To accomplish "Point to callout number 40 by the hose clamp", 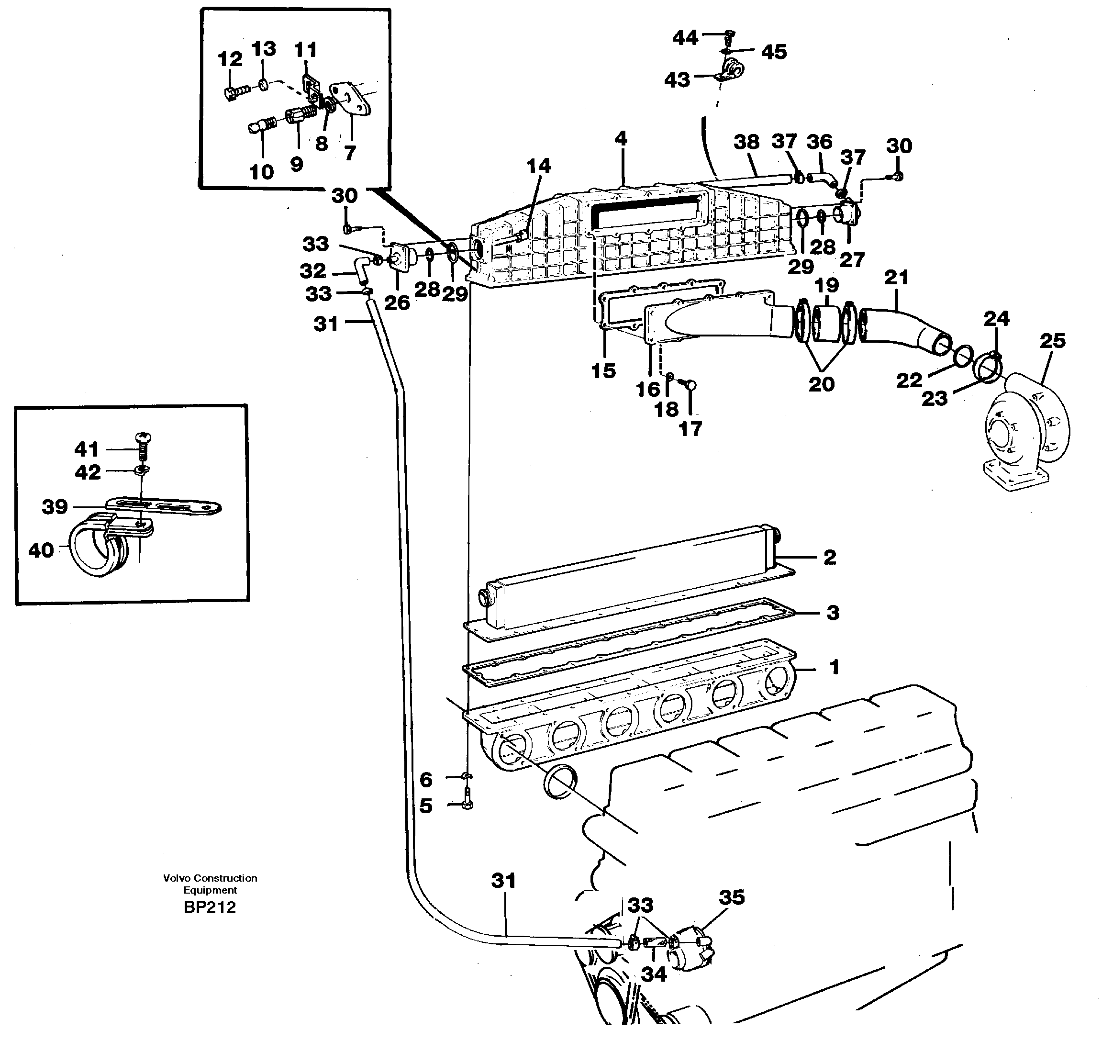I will click(x=41, y=550).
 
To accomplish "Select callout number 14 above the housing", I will click(x=539, y=166).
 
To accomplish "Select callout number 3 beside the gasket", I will click(x=833, y=613).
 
